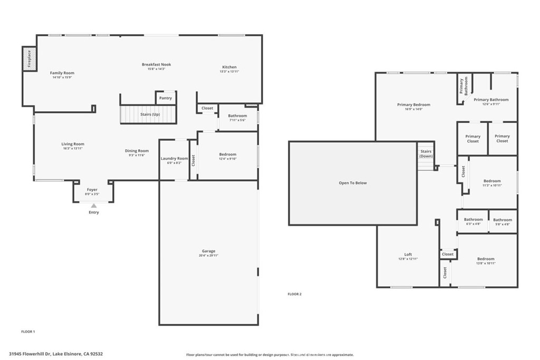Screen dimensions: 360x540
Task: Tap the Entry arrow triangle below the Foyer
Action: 94,206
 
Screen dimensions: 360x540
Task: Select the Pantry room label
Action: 165,98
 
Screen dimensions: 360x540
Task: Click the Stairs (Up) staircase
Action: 148,114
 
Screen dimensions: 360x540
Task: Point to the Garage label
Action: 208,251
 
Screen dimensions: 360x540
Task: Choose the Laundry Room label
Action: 174,158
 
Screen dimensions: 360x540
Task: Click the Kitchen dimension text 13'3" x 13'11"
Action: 229,72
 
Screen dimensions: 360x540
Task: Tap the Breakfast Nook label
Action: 156,64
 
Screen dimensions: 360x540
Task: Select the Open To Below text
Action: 352,183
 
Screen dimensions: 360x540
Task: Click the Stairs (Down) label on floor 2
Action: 426,154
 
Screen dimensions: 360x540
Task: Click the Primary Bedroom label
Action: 413,104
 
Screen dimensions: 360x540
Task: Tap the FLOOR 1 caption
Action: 27,332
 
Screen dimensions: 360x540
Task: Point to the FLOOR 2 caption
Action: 294,294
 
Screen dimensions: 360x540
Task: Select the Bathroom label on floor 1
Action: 237,115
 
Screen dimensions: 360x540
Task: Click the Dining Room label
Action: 137,151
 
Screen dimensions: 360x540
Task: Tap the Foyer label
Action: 92,189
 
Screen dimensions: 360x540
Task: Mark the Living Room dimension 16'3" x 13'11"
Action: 72,149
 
